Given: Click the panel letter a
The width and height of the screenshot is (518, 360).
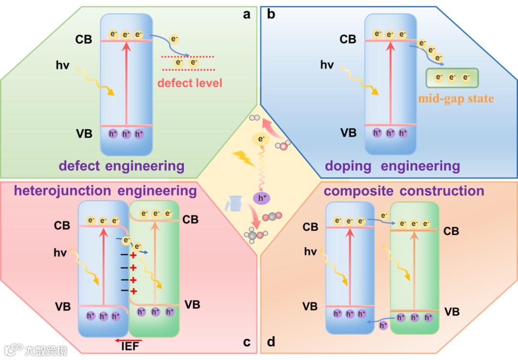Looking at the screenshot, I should pos(247,14).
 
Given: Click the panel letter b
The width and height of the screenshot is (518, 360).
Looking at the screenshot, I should pos(271,14).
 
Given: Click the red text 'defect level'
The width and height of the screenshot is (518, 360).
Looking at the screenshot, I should pos(190,83).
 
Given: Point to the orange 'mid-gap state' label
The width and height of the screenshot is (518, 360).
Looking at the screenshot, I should pos(456,99).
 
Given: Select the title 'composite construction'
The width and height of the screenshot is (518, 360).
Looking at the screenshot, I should pos(404,191).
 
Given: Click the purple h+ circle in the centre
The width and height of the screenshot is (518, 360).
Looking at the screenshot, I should pos(261,198).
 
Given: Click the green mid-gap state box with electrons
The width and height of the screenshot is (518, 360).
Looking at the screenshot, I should pos(452,78).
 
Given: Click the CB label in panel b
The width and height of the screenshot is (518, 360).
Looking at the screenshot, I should pos(348,39).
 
